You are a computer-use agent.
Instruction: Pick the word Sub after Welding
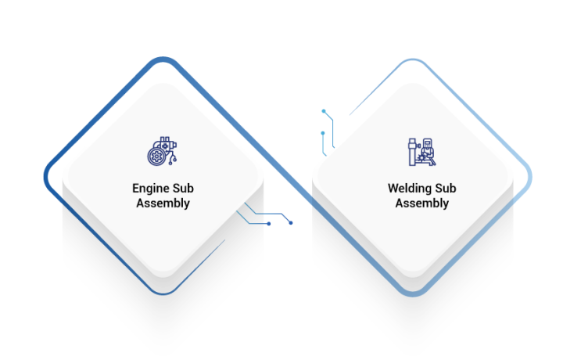(444, 189)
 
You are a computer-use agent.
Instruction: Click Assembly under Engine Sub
(163, 203)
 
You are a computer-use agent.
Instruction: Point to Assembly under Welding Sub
(421, 203)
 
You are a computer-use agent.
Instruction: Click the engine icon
(162, 152)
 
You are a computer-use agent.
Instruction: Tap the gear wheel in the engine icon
(156, 157)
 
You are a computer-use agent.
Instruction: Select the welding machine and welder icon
(421, 152)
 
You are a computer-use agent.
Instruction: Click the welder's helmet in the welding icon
(427, 143)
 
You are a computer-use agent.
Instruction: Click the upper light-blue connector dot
(323, 112)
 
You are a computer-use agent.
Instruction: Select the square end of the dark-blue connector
(269, 224)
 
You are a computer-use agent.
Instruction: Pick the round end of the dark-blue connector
(291, 222)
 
